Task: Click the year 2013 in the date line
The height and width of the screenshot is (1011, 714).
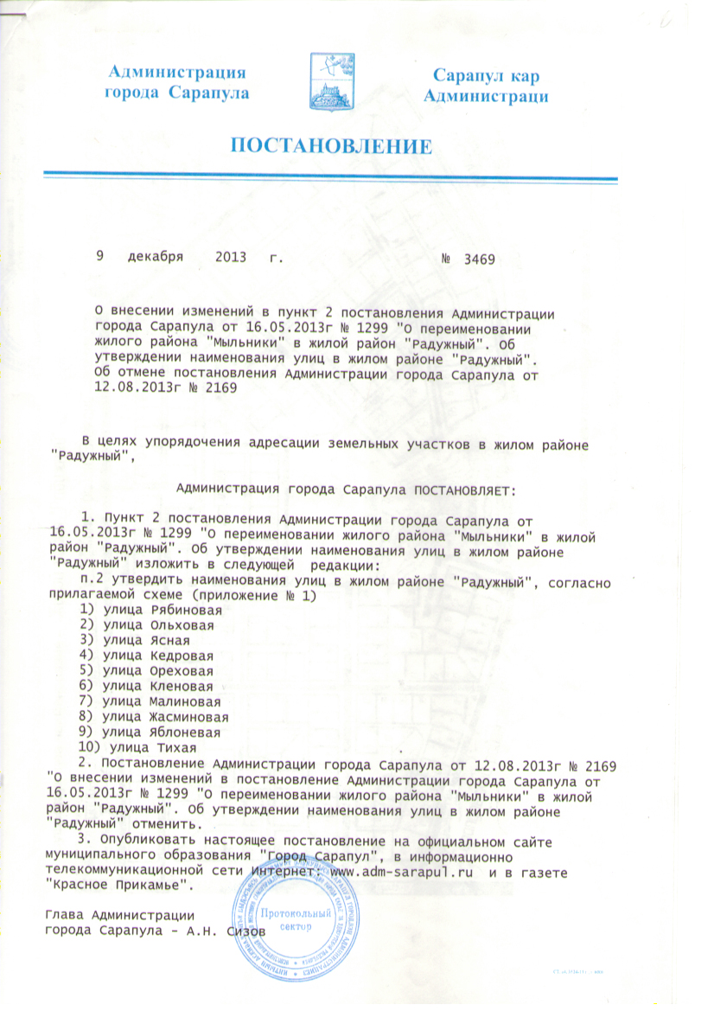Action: tap(231, 258)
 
